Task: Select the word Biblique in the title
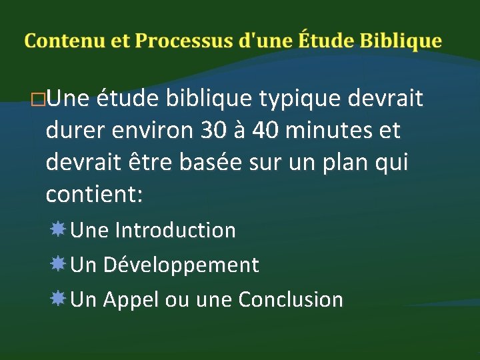[401, 41]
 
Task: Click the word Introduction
[175, 231]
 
